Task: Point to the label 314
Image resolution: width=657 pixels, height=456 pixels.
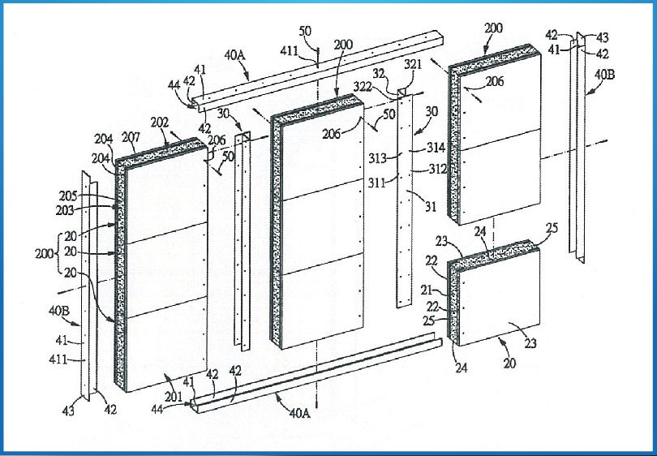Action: (x=436, y=148)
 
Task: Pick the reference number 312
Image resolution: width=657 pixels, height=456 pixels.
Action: (x=437, y=171)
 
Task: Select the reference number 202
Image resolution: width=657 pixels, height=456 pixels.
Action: (x=161, y=123)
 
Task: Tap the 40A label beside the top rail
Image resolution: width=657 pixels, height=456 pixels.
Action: (x=235, y=56)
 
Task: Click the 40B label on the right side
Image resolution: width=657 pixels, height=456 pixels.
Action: (x=606, y=74)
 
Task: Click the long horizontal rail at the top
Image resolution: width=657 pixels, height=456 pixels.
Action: (x=324, y=74)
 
